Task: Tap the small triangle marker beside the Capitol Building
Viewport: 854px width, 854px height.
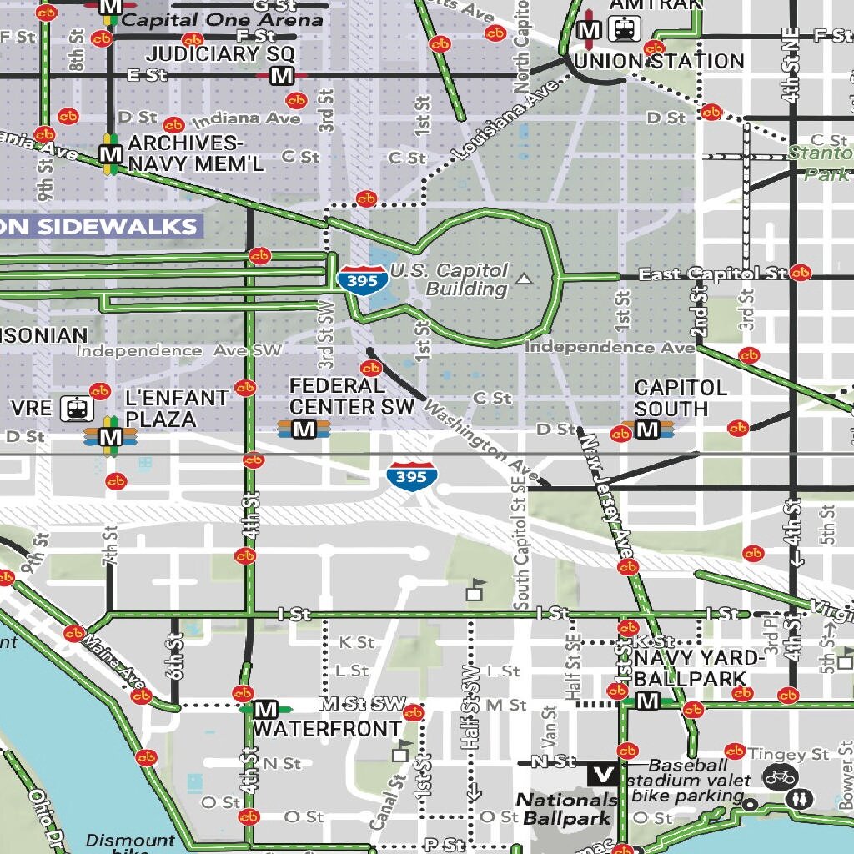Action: (524, 279)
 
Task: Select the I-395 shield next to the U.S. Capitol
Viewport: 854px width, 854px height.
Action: (363, 280)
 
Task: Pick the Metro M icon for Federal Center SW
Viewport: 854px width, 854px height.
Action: (304, 429)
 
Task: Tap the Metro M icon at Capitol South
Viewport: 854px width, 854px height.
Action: (647, 430)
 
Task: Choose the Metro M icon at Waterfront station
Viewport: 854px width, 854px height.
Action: (265, 710)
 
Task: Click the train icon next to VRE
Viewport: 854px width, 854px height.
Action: (77, 409)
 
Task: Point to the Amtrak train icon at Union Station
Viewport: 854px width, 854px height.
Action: (623, 31)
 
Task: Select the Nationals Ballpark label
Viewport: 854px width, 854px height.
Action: (566, 808)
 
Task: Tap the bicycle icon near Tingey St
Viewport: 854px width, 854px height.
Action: (780, 777)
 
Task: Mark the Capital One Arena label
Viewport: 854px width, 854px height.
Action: (223, 20)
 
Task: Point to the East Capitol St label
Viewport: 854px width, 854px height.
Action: (712, 274)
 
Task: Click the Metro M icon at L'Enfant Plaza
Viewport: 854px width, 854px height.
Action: (109, 435)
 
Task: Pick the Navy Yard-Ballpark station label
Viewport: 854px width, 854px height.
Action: (699, 668)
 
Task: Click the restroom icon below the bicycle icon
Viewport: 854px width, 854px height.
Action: (801, 798)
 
